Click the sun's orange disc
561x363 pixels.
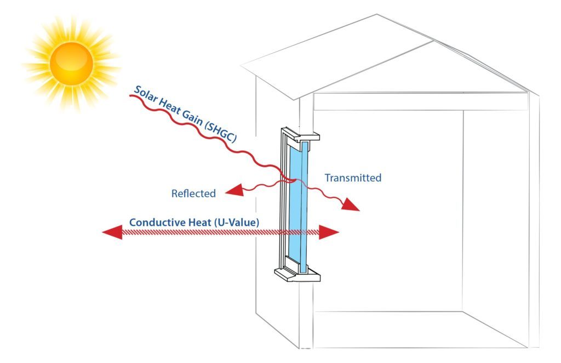coord(71,63)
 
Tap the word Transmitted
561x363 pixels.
coord(353,178)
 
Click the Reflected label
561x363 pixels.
coord(193,194)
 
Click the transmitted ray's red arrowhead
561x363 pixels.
coord(352,206)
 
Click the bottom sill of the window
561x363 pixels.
coord(299,274)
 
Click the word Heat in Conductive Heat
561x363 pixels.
coord(199,223)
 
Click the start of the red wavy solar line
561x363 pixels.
coord(130,97)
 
